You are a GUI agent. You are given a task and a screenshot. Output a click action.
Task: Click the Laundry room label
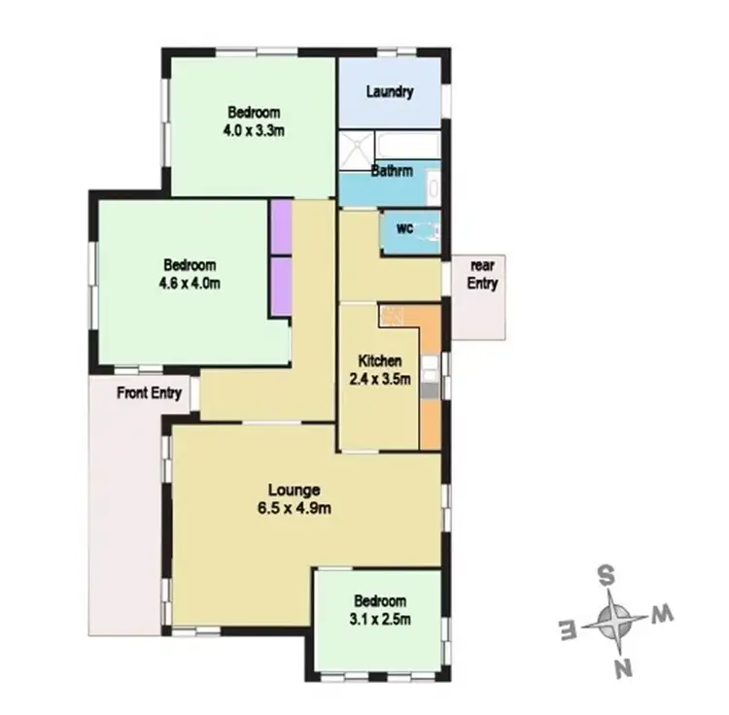click(x=391, y=92)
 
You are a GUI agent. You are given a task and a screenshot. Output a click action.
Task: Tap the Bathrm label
click(x=392, y=171)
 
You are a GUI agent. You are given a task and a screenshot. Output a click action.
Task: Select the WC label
click(x=405, y=228)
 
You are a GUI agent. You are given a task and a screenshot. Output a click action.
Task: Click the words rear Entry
click(x=483, y=275)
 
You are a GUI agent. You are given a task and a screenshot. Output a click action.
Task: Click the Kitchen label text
click(x=379, y=360)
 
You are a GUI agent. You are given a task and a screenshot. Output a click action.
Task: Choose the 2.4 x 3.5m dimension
click(x=379, y=379)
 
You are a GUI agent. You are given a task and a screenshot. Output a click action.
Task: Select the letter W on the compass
click(x=661, y=613)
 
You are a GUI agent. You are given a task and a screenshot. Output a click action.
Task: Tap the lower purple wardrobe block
click(x=281, y=285)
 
